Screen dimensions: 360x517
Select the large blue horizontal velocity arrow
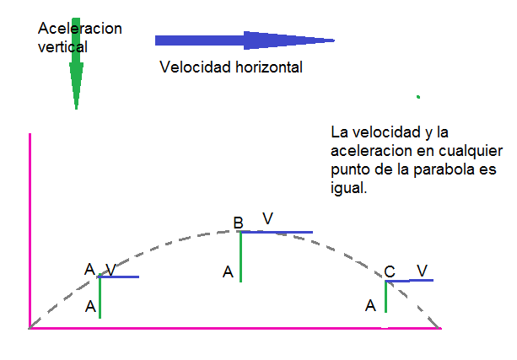tap(245, 40)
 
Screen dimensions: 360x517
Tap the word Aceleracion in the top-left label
tap(80, 29)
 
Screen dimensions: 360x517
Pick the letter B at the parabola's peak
tap(239, 223)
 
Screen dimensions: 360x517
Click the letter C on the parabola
tap(390, 271)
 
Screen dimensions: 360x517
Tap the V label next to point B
tap(267, 219)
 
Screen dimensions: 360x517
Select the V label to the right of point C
tap(422, 271)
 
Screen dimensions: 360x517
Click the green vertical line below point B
tap(240, 257)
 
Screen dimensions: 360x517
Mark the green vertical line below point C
tap(386, 297)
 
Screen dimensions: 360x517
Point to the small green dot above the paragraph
tap(417, 97)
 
